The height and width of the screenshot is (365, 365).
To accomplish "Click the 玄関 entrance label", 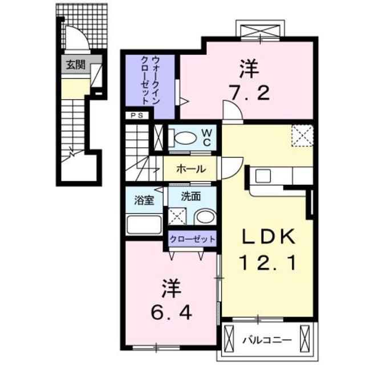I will point(75,65).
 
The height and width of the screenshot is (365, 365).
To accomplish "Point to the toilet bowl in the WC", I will point(184,137).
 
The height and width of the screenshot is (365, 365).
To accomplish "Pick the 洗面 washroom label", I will point(190,197).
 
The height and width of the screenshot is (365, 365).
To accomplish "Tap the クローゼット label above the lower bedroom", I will point(192,239).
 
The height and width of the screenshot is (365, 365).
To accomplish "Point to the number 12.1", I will point(266,263).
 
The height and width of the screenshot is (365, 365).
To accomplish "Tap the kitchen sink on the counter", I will point(263,176).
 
